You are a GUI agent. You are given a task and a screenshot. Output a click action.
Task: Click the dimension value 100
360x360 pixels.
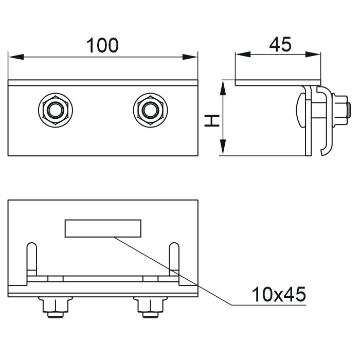pos(102,45)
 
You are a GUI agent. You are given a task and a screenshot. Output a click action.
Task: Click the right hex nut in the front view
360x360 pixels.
pos(149,109)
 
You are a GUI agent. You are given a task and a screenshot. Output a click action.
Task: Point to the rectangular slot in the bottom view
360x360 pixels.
pos(102,228)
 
